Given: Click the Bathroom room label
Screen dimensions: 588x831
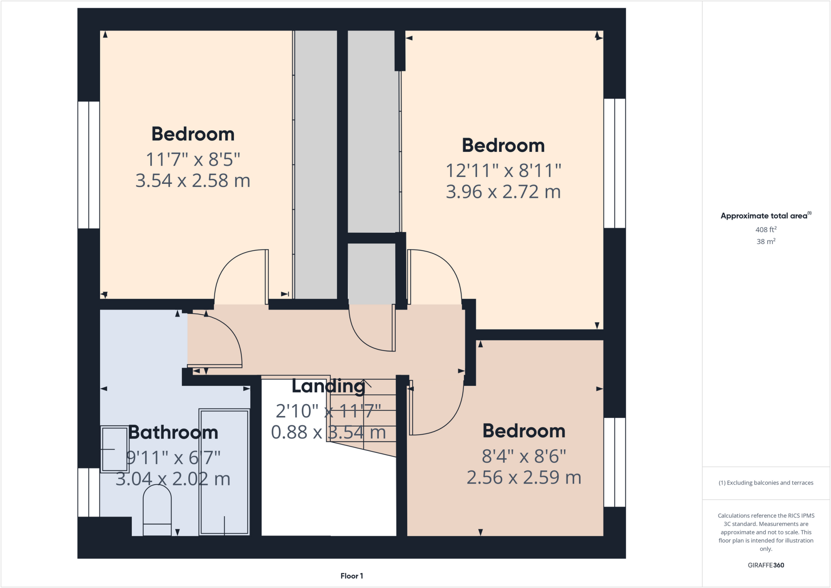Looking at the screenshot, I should point(173,433).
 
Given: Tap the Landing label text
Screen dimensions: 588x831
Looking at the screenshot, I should point(328,386).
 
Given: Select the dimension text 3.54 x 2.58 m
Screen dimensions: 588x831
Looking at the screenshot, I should point(193,181).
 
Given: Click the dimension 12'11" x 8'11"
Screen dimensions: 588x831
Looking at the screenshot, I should point(503,170).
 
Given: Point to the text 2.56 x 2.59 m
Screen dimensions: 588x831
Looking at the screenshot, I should point(523,478).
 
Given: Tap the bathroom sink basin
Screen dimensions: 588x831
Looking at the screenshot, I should point(114,449).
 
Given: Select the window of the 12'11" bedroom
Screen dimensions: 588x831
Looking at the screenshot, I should point(614,163).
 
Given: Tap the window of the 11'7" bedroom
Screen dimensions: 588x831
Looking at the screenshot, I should point(88,165).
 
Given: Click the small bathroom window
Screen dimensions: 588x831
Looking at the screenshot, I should point(88,492).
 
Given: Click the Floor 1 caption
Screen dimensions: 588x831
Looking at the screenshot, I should point(351,576).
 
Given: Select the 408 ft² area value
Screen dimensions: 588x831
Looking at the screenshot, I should point(766,230).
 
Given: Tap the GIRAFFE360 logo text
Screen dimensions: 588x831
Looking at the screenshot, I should point(766,565).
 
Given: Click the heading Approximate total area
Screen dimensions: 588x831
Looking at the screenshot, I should point(765,216).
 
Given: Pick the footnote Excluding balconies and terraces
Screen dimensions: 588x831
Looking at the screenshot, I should point(766,483).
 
